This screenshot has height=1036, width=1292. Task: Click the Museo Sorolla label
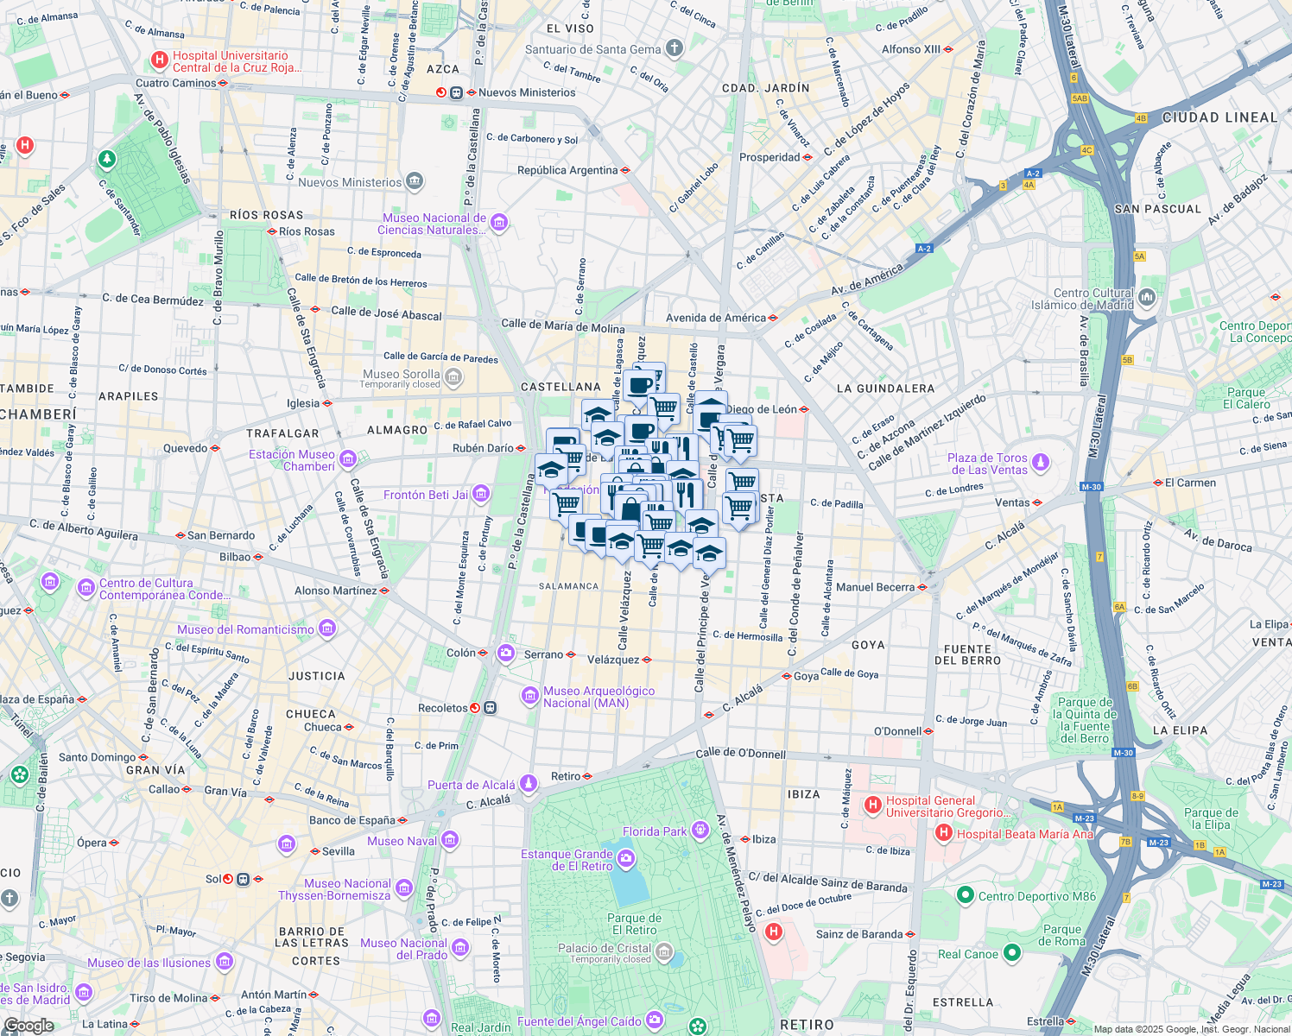click(401, 375)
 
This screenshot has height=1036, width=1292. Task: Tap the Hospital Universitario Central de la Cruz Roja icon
click(159, 60)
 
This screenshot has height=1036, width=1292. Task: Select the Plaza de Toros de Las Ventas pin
click(1042, 463)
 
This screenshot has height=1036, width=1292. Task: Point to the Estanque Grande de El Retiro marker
click(626, 859)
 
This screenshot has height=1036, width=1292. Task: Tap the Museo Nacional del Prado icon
click(460, 949)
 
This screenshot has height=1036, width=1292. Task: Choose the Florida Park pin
click(700, 831)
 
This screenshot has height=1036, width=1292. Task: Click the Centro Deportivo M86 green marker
click(966, 895)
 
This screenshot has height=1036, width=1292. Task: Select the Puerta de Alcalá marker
click(529, 784)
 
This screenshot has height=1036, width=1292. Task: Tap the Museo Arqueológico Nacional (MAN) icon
click(530, 696)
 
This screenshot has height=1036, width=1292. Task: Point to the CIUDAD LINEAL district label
click(1219, 117)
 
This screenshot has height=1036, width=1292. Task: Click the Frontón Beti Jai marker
click(481, 494)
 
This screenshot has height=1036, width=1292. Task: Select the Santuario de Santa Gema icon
click(675, 49)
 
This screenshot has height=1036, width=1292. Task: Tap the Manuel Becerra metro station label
click(875, 587)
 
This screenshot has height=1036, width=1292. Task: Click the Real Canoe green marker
click(1011, 953)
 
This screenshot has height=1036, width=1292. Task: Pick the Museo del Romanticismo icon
click(327, 629)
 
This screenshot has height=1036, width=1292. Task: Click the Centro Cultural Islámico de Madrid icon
click(1147, 298)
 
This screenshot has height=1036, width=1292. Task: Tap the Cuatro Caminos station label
click(176, 83)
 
